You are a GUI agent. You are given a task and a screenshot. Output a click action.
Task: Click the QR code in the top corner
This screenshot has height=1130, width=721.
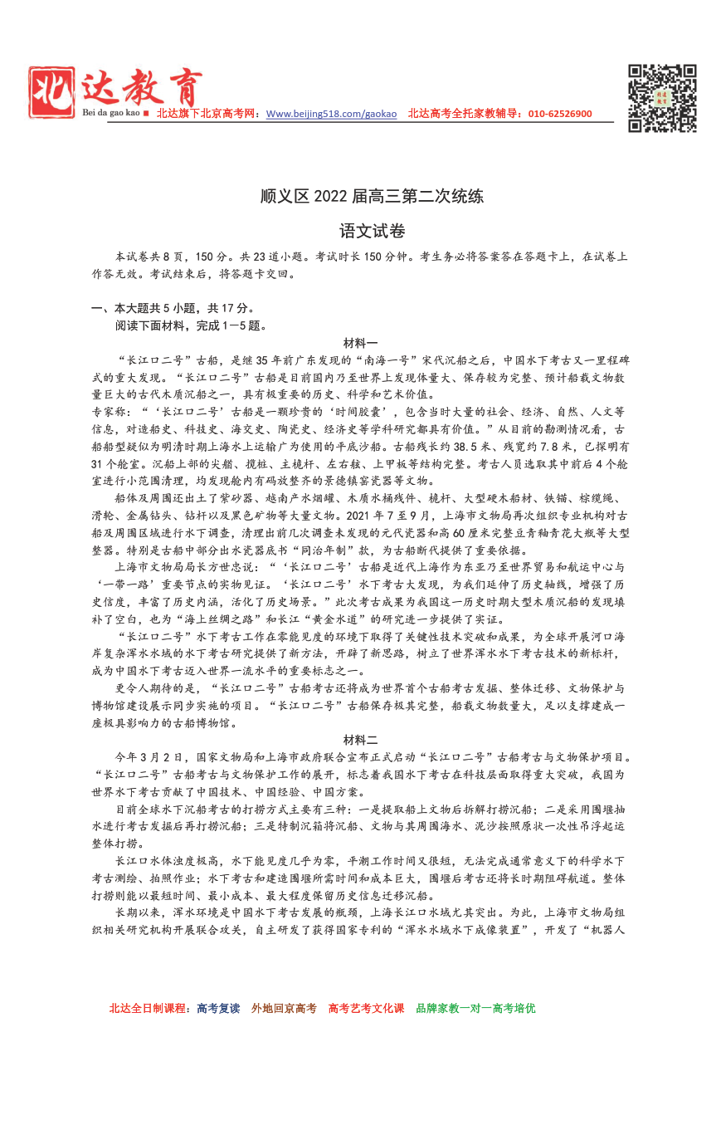click(x=662, y=98)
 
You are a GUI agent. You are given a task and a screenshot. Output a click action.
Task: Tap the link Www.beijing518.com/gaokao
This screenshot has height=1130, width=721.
click(x=331, y=114)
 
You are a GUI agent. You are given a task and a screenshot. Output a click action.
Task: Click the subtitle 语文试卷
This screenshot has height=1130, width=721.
click(x=360, y=231)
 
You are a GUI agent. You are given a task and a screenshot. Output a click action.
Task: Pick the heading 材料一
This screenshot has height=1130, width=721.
click(x=360, y=343)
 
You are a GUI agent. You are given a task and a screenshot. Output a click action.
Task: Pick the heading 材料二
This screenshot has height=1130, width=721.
click(x=360, y=740)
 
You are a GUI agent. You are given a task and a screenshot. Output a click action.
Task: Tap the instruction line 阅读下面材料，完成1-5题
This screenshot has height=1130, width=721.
click(x=191, y=325)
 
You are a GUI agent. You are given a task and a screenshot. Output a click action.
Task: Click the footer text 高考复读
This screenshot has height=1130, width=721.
click(x=219, y=1008)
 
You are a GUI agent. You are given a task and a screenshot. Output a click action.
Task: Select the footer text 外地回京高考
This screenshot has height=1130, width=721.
click(x=285, y=1008)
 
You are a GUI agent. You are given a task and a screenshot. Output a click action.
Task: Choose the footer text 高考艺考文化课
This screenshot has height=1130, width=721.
click(x=366, y=1008)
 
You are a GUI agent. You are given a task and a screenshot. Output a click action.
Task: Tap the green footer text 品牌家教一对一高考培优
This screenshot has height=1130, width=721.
click(x=475, y=1008)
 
